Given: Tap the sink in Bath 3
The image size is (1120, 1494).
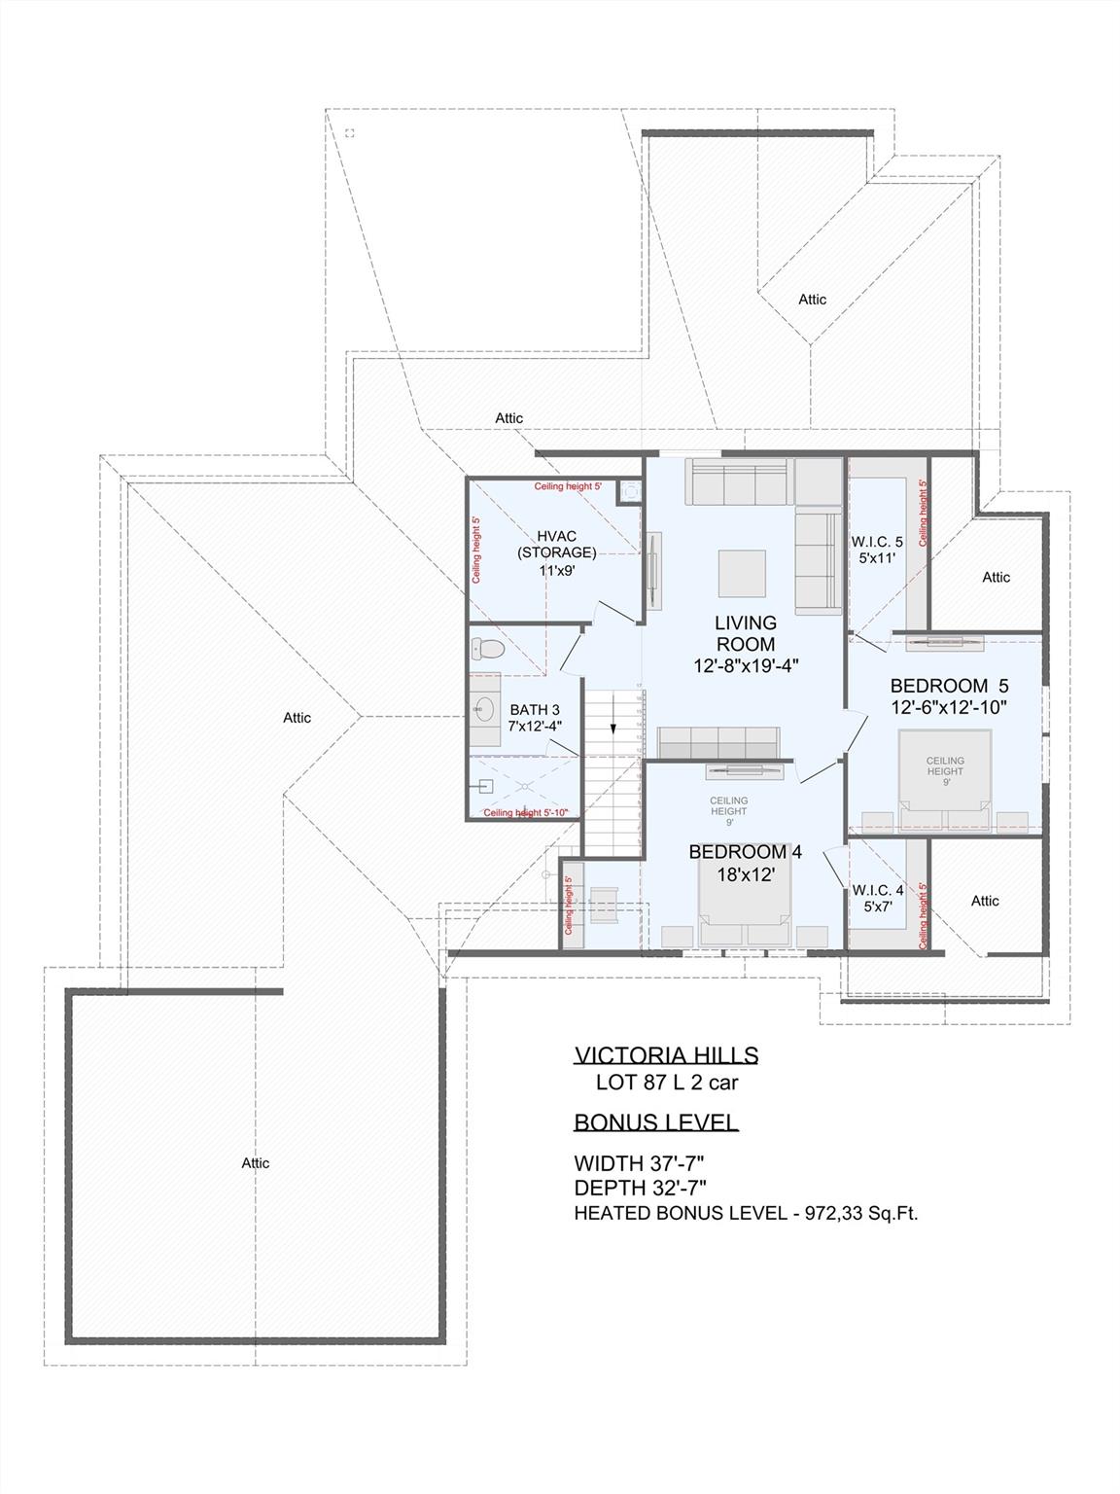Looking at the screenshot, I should point(483,709).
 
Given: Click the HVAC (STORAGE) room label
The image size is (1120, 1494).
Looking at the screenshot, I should point(556,545).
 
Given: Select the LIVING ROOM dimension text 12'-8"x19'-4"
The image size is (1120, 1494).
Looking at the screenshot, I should point(746,666).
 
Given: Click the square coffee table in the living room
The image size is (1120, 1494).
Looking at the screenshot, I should point(742,573).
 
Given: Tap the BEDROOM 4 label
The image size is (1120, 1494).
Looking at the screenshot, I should point(745,852).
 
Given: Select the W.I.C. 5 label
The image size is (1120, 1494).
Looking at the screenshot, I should point(877,542).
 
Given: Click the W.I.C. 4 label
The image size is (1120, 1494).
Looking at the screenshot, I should point(877,889).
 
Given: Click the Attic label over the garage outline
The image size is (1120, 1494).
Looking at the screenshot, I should point(256,1163).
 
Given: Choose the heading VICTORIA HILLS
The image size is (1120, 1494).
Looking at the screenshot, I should point(666,1055).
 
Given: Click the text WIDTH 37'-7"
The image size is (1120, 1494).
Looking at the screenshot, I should point(639,1163).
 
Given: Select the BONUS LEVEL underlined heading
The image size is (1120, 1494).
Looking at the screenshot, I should point(655,1121).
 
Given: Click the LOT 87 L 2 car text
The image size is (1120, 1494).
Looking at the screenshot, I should point(660,1082).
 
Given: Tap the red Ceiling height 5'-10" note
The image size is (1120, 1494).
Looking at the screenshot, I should point(525,813).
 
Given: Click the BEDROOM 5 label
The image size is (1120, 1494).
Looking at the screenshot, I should point(949,686).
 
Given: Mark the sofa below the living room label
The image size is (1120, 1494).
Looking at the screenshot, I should point(718,742).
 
